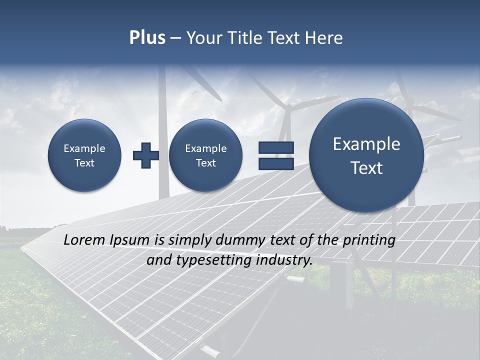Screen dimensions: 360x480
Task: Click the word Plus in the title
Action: click(x=147, y=38)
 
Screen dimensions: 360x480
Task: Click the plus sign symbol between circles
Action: click(x=145, y=155)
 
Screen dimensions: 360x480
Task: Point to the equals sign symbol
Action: click(x=276, y=155)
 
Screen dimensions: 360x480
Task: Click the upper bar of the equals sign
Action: click(x=276, y=147)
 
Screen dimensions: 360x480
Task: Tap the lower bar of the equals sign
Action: click(x=276, y=163)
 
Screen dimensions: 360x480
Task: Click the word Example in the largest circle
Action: click(x=366, y=144)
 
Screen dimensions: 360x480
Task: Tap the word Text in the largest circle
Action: click(x=366, y=168)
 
